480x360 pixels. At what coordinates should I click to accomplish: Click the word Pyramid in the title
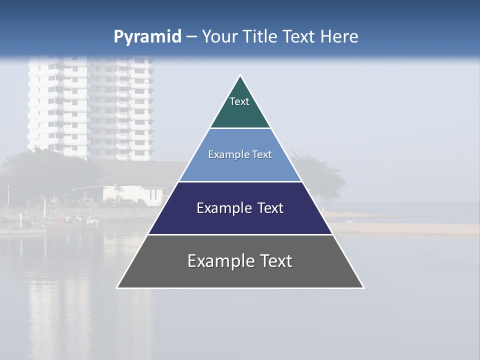147,36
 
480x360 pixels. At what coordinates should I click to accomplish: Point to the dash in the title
191,37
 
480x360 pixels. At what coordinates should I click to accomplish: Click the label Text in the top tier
239,101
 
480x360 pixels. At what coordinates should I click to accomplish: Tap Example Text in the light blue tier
240,154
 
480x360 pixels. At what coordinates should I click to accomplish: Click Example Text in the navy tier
240,208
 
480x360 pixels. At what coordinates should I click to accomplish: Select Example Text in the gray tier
240,261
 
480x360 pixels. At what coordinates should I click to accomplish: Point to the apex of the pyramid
240,76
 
